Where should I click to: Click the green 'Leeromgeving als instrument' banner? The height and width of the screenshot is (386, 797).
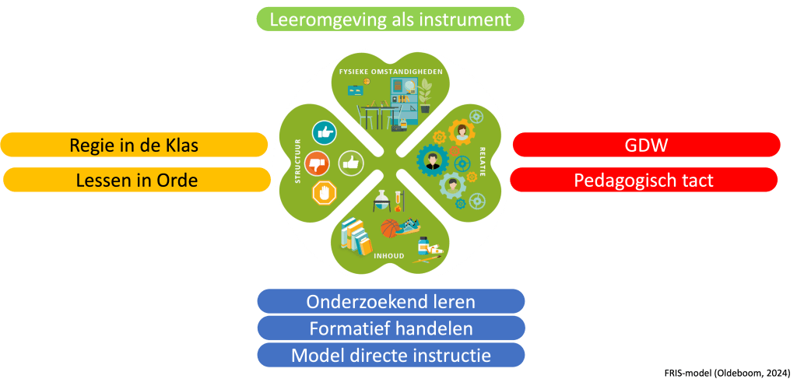(390, 19)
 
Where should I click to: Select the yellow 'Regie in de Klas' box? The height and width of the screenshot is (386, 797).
(134, 145)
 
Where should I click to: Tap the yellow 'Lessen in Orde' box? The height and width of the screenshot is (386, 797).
(137, 180)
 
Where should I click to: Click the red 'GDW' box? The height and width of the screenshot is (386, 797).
(646, 145)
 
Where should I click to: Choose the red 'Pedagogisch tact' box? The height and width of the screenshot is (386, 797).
(644, 180)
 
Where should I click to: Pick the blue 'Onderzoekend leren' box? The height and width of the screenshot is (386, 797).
(391, 301)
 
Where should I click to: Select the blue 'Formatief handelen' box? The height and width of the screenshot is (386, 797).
(391, 328)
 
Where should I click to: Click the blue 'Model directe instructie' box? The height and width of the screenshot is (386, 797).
(391, 356)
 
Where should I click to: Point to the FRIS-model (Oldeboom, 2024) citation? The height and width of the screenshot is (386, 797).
(728, 373)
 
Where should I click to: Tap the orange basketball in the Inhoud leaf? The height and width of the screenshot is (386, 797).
(390, 228)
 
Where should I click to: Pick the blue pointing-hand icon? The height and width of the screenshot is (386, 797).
(323, 133)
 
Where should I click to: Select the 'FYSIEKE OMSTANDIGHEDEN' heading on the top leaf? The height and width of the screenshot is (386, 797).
(391, 72)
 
